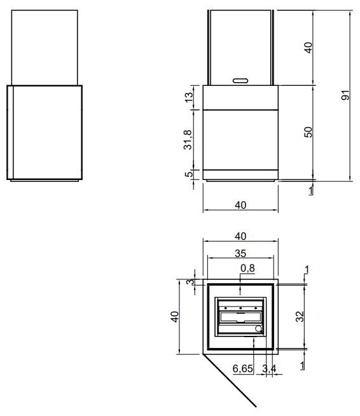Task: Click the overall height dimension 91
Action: tap(345, 95)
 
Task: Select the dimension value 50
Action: tap(308, 132)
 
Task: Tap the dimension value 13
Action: tap(189, 97)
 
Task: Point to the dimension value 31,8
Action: tap(188, 140)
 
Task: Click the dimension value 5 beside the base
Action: tap(189, 174)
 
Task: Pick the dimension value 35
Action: tap(240, 253)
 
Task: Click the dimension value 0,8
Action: tap(247, 268)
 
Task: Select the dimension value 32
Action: tap(300, 317)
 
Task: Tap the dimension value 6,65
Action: tap(243, 368)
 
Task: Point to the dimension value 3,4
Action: tap(269, 368)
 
